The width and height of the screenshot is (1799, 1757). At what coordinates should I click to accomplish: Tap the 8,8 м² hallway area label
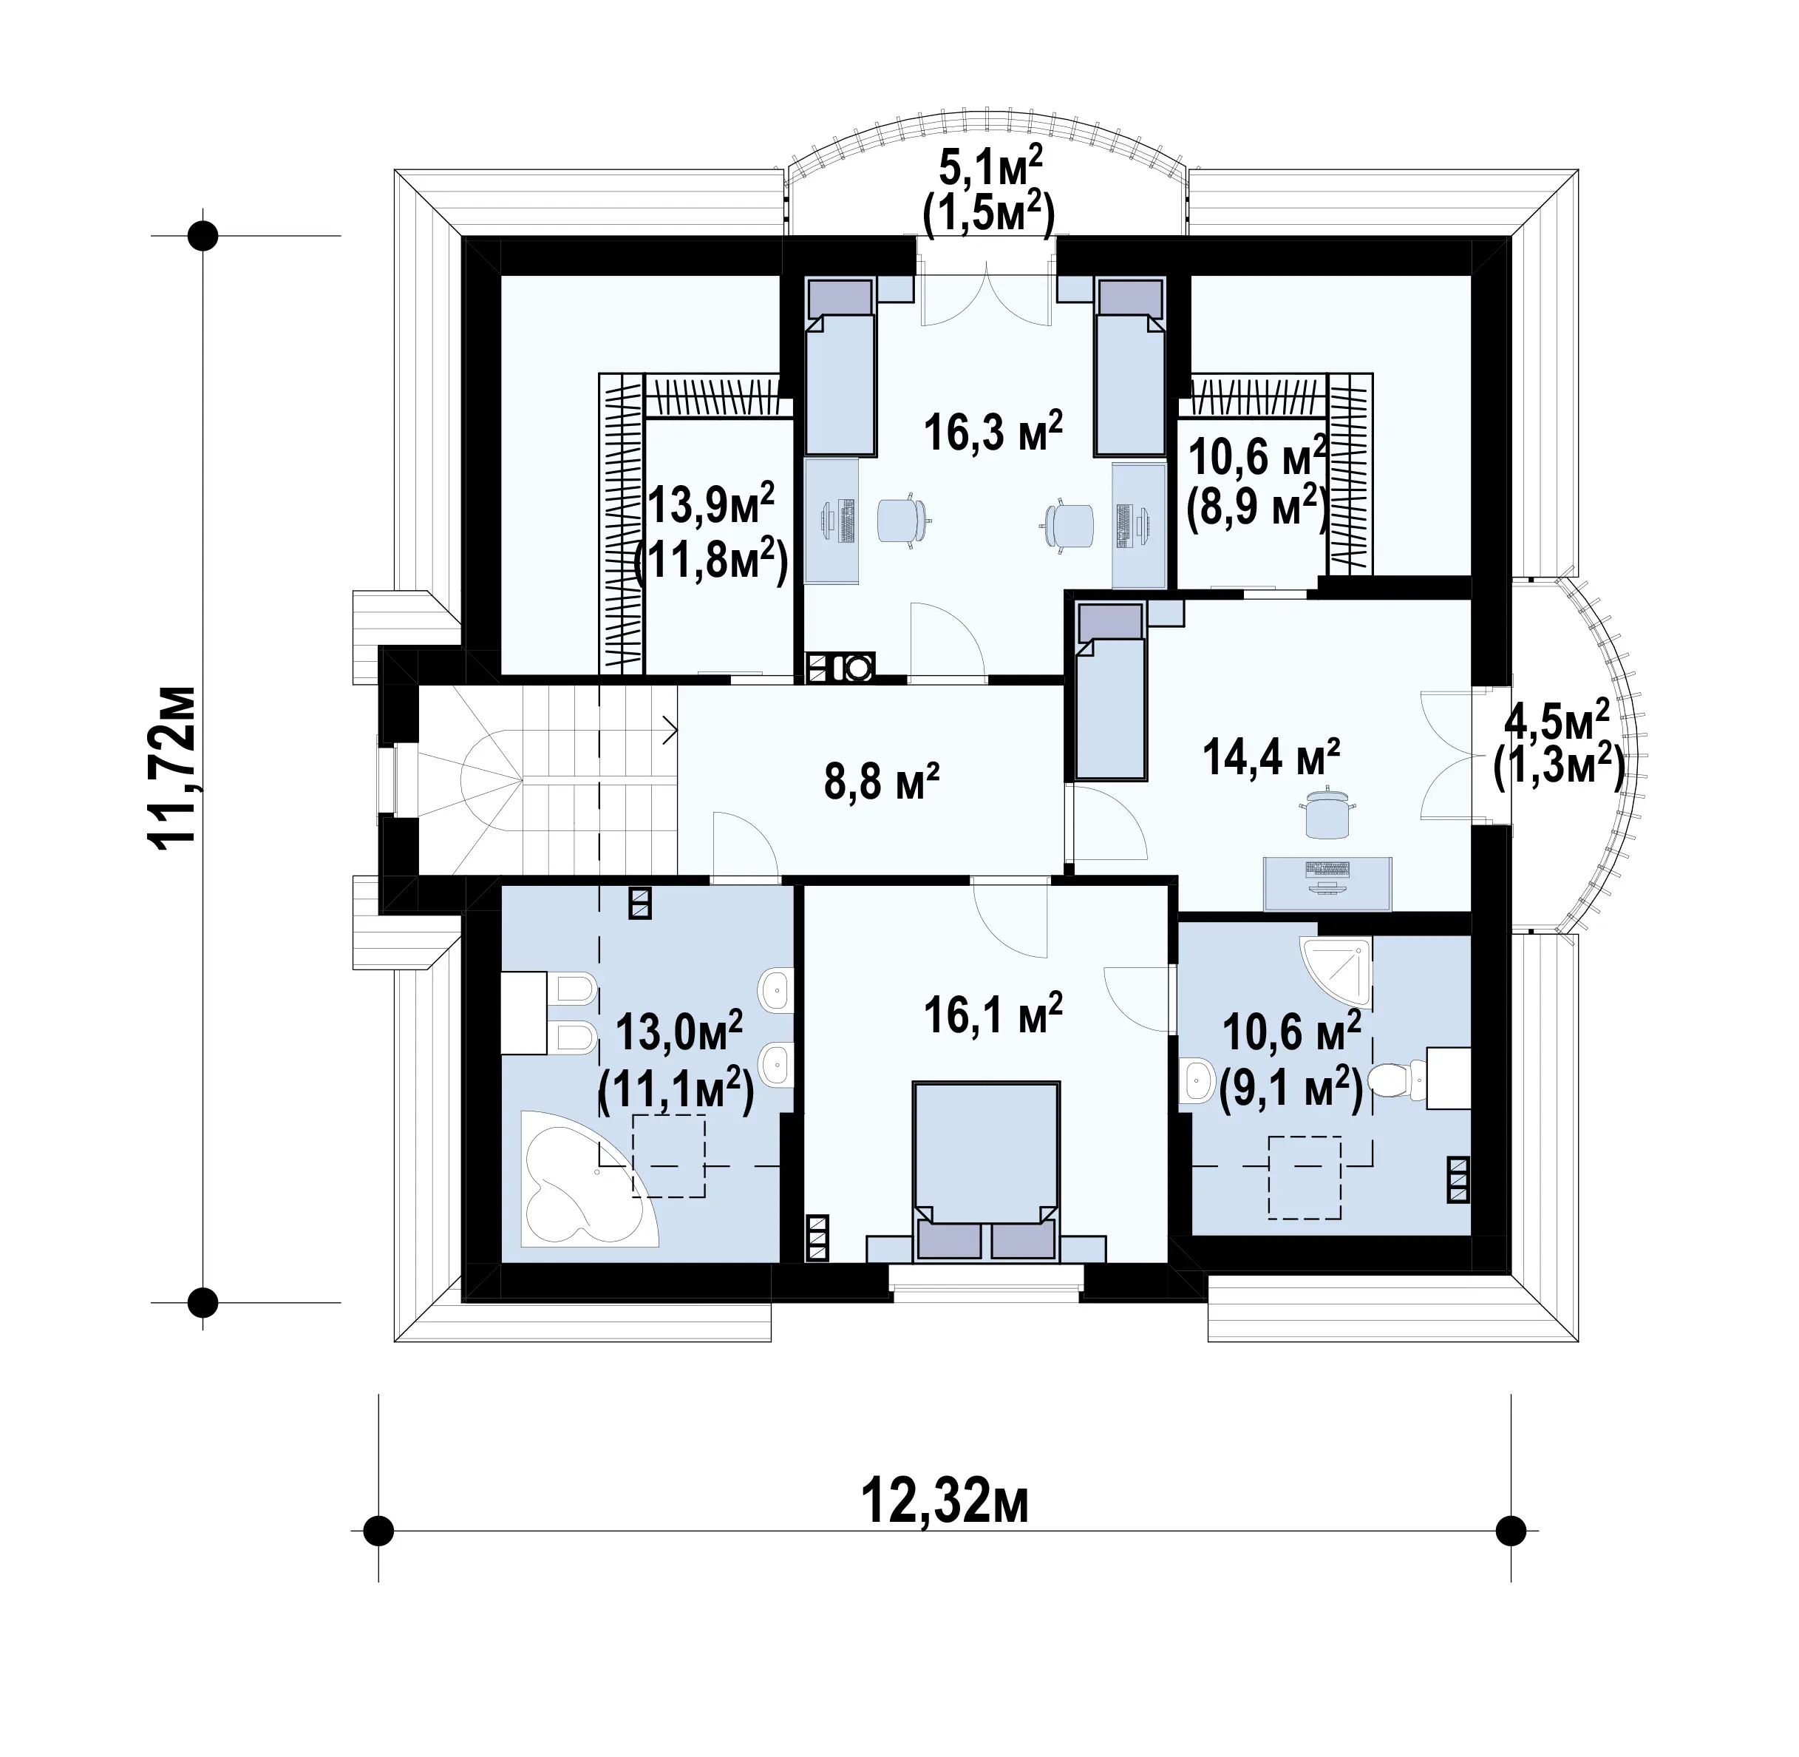tap(882, 782)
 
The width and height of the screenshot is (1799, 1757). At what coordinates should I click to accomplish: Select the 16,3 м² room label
tap(993, 431)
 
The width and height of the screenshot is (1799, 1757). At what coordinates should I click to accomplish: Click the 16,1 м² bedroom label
tap(993, 1013)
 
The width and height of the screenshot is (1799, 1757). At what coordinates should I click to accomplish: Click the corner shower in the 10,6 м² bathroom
tap(1335, 971)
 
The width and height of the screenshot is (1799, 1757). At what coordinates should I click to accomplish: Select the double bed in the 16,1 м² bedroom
tap(986, 1172)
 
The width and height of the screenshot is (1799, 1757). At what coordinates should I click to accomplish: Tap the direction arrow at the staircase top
tap(670, 730)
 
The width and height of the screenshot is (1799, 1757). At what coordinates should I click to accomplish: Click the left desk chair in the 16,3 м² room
tap(900, 522)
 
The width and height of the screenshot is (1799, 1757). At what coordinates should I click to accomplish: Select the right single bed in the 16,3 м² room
tap(1129, 368)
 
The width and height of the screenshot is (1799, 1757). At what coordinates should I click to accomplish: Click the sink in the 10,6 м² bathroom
tap(1197, 1080)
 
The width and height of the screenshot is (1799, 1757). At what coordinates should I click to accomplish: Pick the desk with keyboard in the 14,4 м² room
tap(1327, 883)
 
